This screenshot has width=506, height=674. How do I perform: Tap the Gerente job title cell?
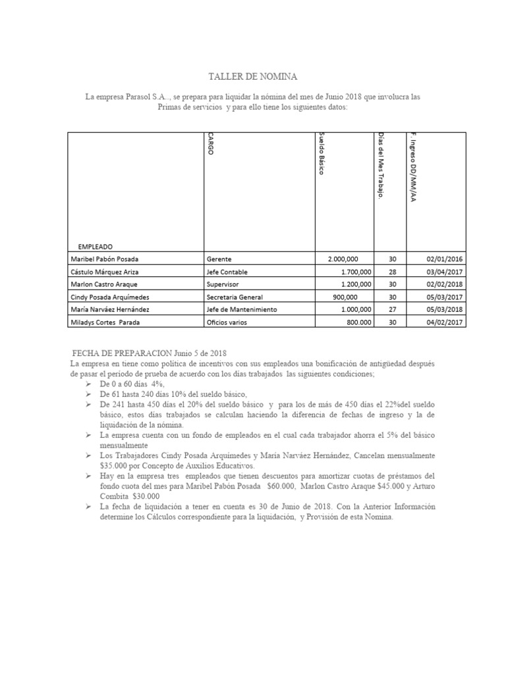(219, 259)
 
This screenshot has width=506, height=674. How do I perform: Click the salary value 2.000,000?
(349, 259)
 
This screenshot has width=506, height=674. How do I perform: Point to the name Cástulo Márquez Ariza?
(105, 272)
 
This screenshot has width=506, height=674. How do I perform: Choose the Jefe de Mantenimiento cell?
(241, 309)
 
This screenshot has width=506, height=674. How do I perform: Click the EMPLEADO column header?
(95, 246)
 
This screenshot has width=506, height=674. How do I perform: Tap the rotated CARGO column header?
(210, 144)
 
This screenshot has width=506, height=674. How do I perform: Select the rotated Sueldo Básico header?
(321, 153)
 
